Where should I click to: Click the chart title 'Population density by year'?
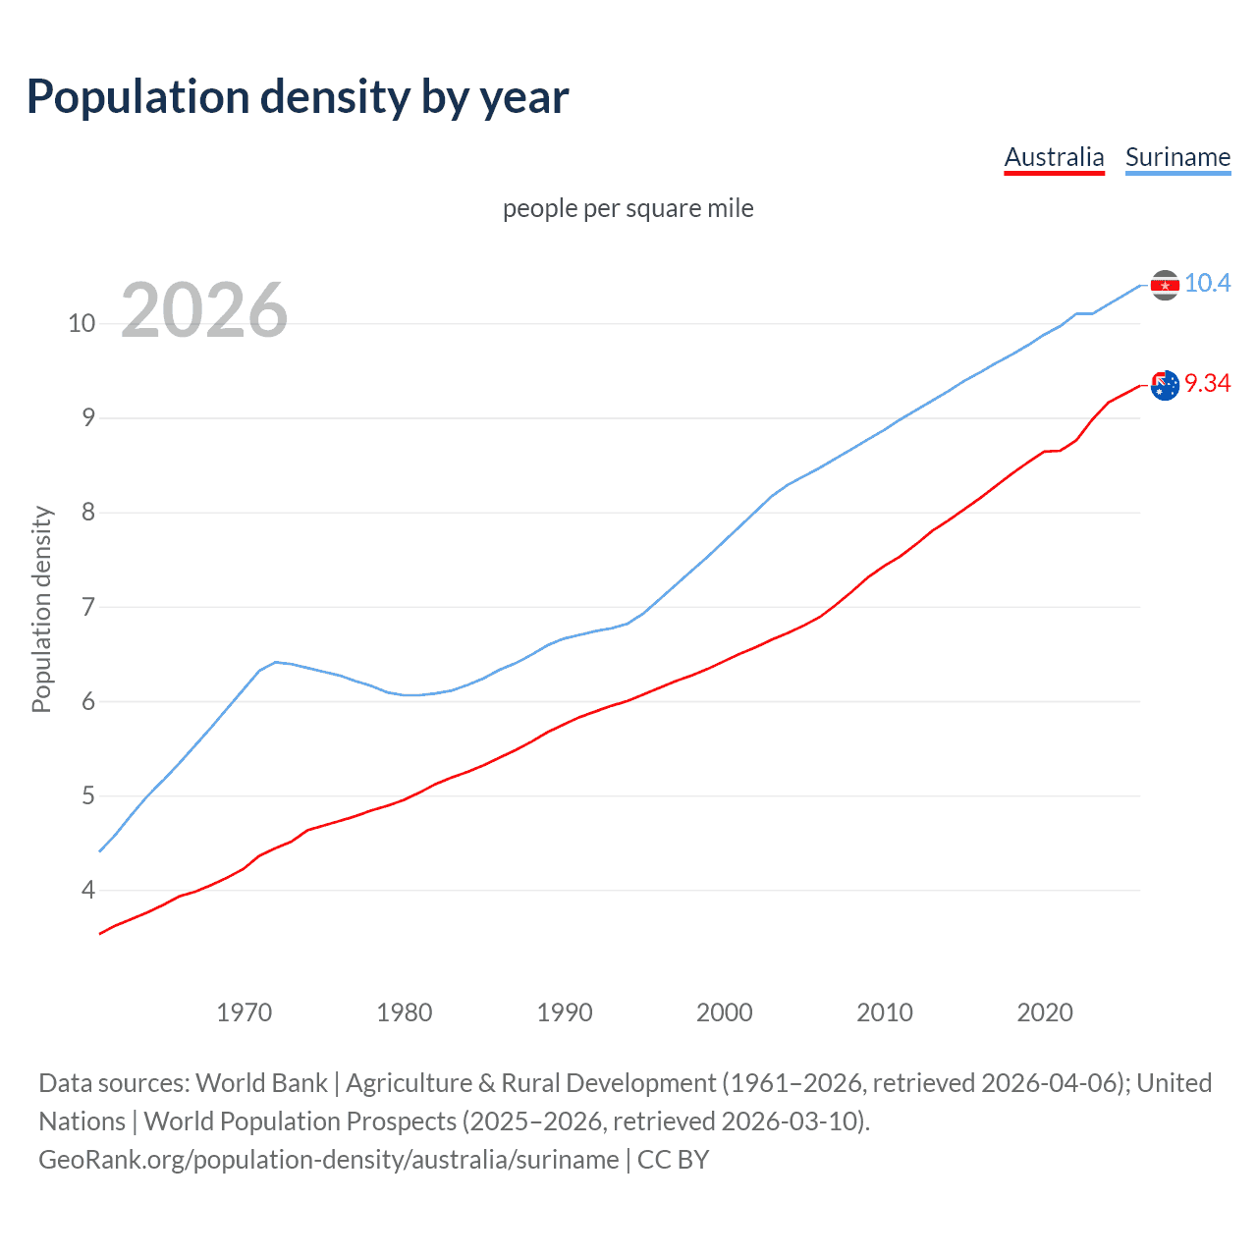298,97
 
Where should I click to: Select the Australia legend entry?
1054,157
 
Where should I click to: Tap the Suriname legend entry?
1177,157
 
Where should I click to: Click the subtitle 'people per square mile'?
628,208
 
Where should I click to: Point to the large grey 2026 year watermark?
204,310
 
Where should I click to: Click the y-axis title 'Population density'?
41,609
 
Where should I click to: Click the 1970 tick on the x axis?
245,1012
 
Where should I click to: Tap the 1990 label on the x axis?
565,1012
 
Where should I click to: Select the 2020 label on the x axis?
1045,1012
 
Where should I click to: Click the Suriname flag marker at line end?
1165,285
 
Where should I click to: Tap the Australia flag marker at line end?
1165,386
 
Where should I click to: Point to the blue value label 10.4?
1207,283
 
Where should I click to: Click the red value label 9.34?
1207,383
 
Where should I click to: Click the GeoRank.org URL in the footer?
329,1160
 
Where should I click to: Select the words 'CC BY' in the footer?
674,1160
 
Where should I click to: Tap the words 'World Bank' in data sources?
261,1083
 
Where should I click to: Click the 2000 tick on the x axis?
725,1012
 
